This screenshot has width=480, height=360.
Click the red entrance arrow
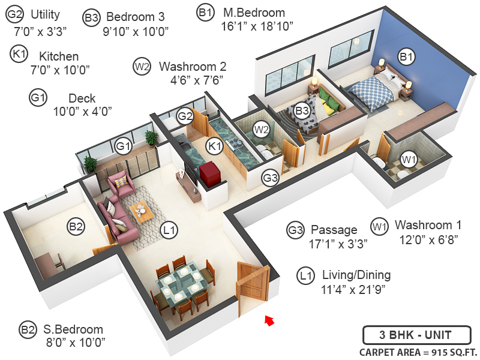click(270, 321)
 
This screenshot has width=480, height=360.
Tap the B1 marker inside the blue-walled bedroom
click(407, 57)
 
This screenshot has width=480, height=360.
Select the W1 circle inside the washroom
click(409, 160)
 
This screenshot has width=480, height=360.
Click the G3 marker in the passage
click(271, 178)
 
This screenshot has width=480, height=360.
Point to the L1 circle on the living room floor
click(169, 229)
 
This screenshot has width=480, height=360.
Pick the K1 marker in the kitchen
click(214, 145)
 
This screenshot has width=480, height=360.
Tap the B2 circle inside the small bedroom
click(76, 227)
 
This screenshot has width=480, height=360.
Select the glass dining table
click(181, 283)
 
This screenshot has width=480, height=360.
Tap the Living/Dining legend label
click(356, 275)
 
